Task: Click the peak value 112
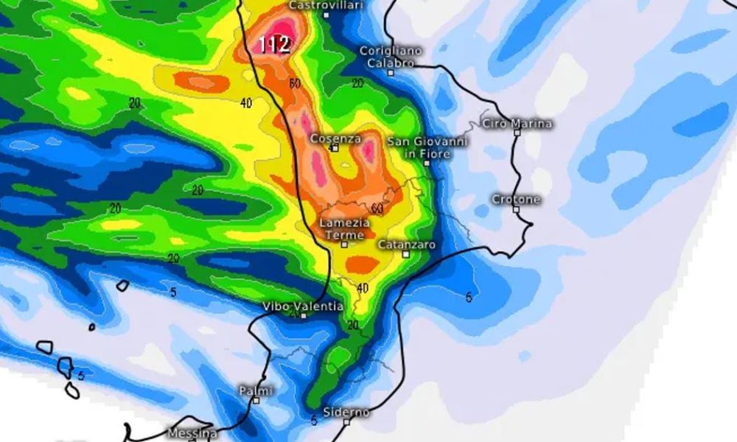coord(273,43)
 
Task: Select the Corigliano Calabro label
coord(391,57)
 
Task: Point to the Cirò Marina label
coord(517,123)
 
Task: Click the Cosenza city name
coord(335,138)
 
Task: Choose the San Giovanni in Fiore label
coord(438,147)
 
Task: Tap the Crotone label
coord(516,199)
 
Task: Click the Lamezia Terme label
coord(344,228)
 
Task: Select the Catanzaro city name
coord(406,244)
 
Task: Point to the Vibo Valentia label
coord(303,306)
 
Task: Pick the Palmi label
coord(256,390)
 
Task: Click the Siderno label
coord(346,413)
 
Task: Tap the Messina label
coord(192,432)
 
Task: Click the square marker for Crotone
coord(517,209)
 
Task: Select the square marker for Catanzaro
coord(406,254)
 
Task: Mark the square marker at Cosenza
coord(335,148)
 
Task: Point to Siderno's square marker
coord(346,422)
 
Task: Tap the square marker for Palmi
coord(256,400)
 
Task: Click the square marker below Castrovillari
coord(326,15)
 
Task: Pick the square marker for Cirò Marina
coord(485,124)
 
